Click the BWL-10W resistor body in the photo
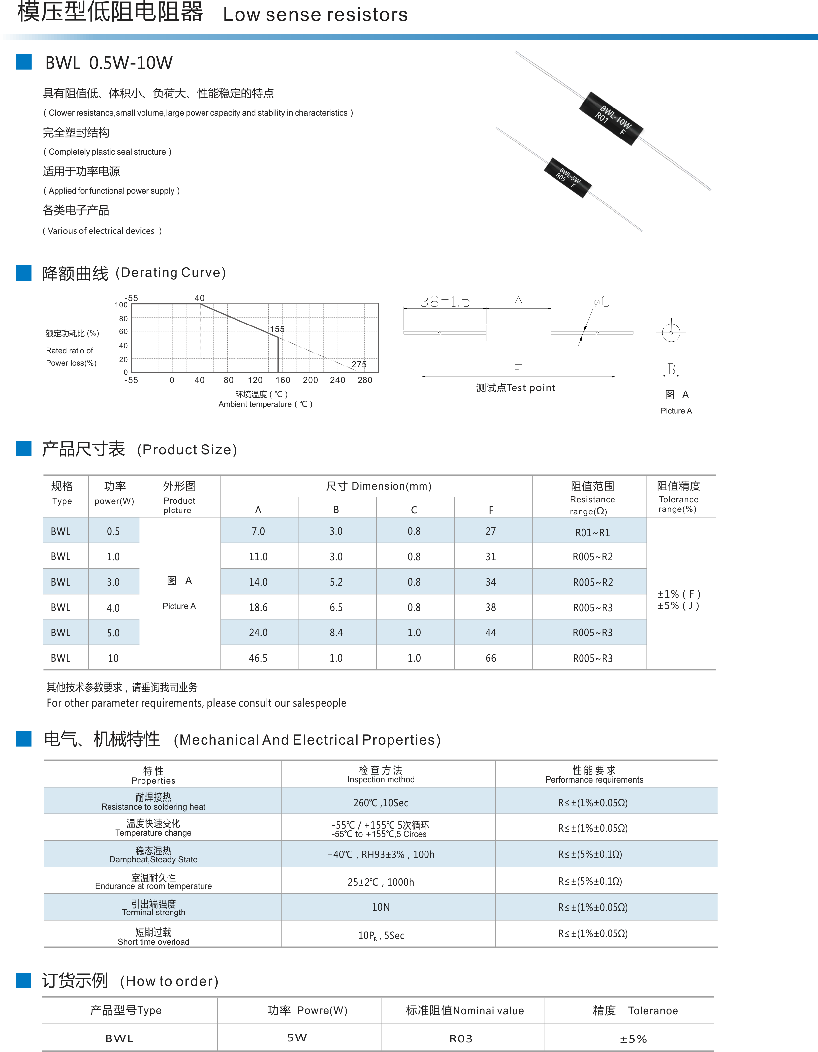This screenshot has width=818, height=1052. [x=611, y=118]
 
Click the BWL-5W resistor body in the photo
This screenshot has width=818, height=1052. [x=568, y=177]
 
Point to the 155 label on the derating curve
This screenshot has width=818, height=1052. [x=277, y=329]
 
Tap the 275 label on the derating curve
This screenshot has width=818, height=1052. [x=359, y=364]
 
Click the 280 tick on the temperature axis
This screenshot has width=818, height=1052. [x=365, y=380]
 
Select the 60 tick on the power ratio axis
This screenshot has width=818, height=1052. [x=123, y=331]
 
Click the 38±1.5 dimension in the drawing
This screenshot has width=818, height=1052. [x=444, y=301]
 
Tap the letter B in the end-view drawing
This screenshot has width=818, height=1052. [x=671, y=369]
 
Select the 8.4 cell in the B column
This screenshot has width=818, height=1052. [x=336, y=633]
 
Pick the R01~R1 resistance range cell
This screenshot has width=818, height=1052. [x=592, y=532]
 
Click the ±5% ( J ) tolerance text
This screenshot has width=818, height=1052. [x=678, y=606]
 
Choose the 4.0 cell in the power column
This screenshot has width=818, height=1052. [x=113, y=608]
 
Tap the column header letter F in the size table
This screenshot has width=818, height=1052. [x=491, y=510]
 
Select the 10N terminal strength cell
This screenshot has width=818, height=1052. [x=381, y=907]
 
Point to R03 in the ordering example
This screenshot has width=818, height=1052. [x=460, y=1038]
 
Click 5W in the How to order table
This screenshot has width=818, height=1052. [x=297, y=1037]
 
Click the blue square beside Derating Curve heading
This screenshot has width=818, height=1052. [x=24, y=273]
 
